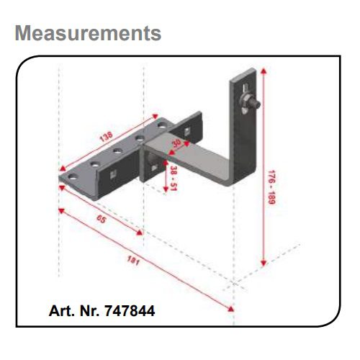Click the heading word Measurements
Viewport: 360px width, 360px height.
[88, 33]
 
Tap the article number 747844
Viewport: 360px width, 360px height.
[130, 311]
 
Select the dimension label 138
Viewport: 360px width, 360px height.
[106, 137]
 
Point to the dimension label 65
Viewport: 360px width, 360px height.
[101, 219]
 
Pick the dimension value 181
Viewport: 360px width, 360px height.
[133, 261]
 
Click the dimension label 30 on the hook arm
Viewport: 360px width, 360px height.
[177, 143]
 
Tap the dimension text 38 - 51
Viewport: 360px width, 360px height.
[174, 179]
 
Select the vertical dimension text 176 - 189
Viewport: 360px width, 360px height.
[271, 187]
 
